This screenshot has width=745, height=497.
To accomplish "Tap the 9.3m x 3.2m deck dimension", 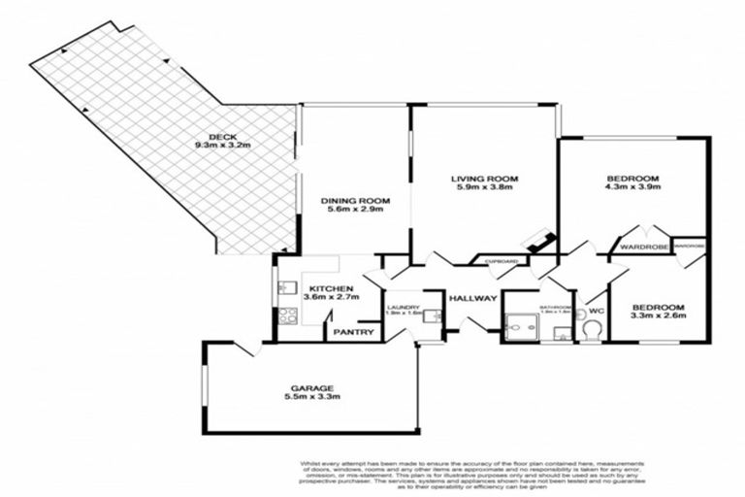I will [x=222, y=146].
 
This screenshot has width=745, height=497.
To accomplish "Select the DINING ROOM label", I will [x=353, y=201].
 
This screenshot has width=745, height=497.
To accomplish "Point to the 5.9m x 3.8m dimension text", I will [x=485, y=187].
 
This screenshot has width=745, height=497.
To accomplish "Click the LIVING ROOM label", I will [x=485, y=179].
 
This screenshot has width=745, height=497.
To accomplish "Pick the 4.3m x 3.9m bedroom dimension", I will [x=632, y=187].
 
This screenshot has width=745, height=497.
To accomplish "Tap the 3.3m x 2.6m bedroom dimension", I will [x=659, y=315].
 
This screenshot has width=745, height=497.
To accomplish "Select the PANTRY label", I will [x=354, y=332].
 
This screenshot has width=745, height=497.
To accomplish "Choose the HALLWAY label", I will [x=473, y=298].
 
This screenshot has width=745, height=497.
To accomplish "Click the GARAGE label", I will [x=312, y=386].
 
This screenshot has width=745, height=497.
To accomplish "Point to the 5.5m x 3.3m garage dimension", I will [x=312, y=396].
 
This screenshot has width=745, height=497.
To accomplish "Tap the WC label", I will [x=594, y=312].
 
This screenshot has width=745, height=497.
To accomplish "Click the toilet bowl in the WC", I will [x=591, y=331].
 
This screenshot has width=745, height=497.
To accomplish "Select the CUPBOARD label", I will [x=502, y=261].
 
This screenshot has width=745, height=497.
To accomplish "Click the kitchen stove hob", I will [x=288, y=315].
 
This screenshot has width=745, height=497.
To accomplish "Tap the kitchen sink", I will [x=286, y=287].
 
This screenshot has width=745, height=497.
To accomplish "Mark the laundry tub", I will [x=434, y=315].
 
